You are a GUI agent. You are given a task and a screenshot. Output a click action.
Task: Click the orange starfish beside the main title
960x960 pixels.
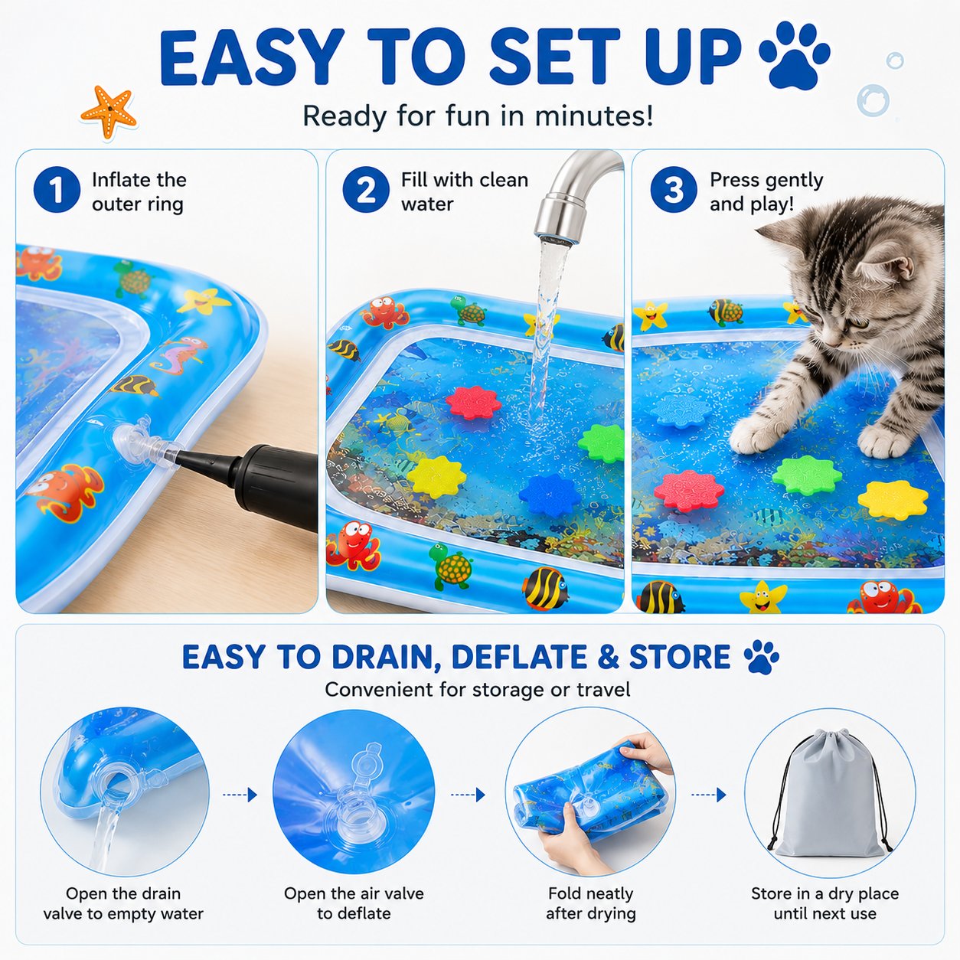[x=109, y=112]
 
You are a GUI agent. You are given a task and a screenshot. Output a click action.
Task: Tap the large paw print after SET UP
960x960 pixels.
[x=794, y=56]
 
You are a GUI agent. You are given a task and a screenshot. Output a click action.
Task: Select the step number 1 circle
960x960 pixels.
[x=57, y=190]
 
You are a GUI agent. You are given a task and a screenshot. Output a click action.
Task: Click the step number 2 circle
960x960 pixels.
[x=366, y=190]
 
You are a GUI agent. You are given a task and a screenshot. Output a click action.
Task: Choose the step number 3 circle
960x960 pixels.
[x=674, y=190]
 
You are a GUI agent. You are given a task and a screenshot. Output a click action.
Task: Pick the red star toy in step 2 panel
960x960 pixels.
[x=473, y=403]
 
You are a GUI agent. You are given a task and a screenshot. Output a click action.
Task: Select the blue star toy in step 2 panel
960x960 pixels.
[x=550, y=495]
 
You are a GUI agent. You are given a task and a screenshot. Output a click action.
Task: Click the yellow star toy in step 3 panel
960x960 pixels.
[x=893, y=499]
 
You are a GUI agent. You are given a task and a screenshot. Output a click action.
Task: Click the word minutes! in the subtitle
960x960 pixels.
[x=594, y=116]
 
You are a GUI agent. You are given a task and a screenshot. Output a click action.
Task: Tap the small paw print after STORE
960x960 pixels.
[x=761, y=657]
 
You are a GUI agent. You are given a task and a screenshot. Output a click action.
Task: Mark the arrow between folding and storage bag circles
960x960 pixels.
[x=708, y=795]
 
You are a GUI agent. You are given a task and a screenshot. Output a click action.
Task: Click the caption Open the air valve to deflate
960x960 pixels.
[x=354, y=903]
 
